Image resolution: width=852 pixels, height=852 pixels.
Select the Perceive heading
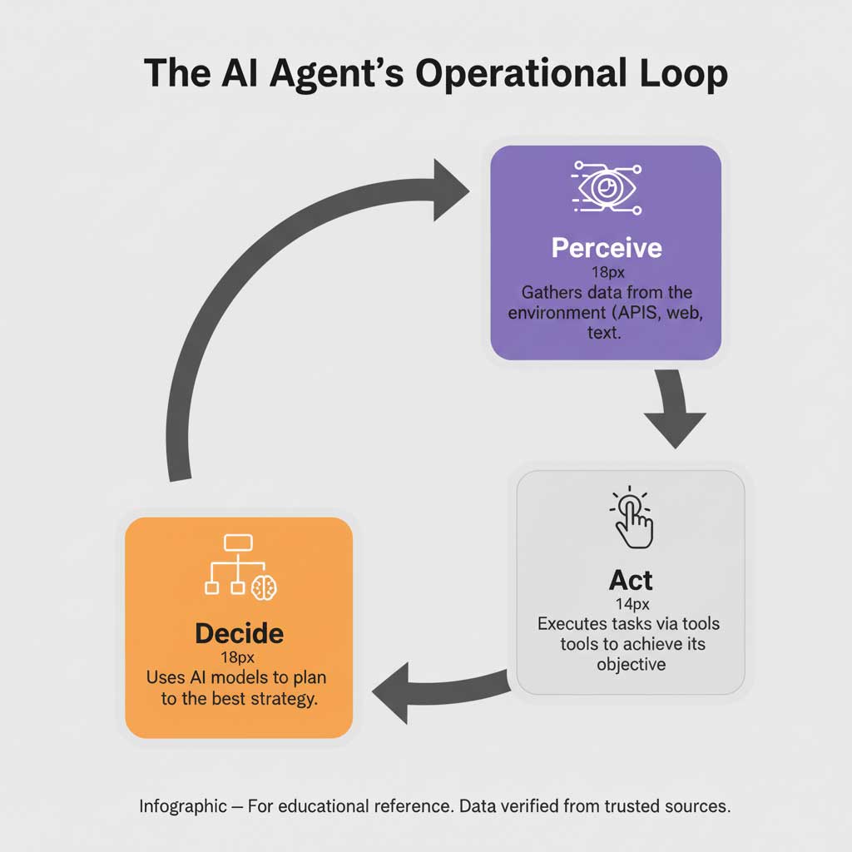pyautogui.click(x=606, y=248)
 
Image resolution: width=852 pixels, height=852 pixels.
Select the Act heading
pyautogui.click(x=631, y=580)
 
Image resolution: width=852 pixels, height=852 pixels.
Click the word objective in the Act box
pyautogui.click(x=631, y=665)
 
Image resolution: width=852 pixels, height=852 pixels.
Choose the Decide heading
pyautogui.click(x=239, y=634)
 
